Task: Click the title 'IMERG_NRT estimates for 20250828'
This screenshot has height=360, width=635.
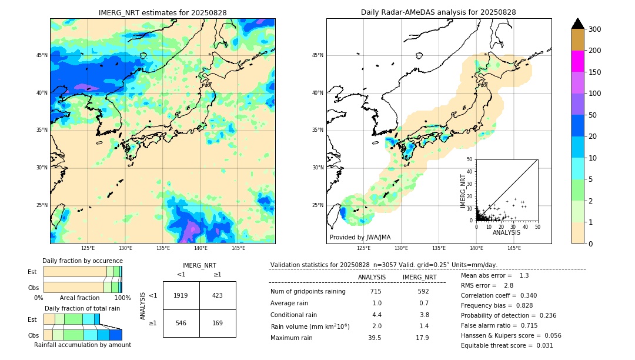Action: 162,12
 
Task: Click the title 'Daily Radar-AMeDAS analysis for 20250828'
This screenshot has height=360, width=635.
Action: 438,12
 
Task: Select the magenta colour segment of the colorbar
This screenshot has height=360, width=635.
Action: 577,61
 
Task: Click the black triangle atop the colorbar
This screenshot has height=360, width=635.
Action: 577,24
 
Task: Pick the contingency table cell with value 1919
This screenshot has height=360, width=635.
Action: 181,295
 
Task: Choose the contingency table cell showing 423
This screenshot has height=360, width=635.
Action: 218,295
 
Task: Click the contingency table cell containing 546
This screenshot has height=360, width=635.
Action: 181,323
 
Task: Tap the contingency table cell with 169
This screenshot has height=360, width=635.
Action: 218,323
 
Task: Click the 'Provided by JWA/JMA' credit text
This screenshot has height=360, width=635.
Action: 360,238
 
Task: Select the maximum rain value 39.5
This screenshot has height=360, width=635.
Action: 375,338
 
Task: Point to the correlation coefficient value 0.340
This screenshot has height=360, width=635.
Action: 524,295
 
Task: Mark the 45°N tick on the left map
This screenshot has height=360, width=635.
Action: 42,55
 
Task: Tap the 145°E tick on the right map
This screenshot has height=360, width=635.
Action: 514,248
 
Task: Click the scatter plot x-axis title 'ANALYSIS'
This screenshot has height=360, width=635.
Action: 506,232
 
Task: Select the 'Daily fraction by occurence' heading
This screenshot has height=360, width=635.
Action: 82,261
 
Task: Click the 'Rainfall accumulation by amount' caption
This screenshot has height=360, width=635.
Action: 82,345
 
